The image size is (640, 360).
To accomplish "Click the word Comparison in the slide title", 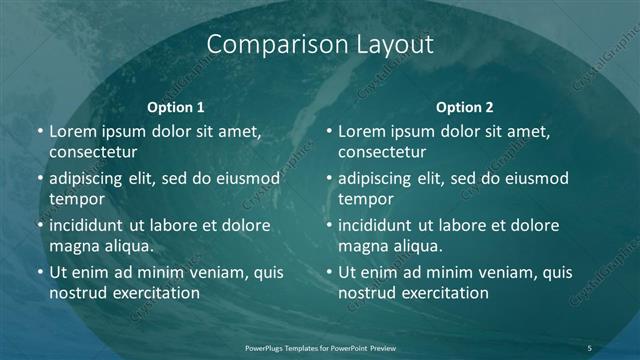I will pyautogui.click(x=267, y=44).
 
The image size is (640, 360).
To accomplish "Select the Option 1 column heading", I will pyautogui.click(x=176, y=106).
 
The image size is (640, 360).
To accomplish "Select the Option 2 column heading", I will pyautogui.click(x=465, y=106).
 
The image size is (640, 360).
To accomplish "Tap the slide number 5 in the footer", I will pyautogui.click(x=590, y=347).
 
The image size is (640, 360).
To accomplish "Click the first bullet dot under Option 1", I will pyautogui.click(x=40, y=132).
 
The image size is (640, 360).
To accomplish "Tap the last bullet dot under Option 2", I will pyautogui.click(x=330, y=273).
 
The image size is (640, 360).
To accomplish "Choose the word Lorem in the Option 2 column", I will pyautogui.click(x=362, y=131).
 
